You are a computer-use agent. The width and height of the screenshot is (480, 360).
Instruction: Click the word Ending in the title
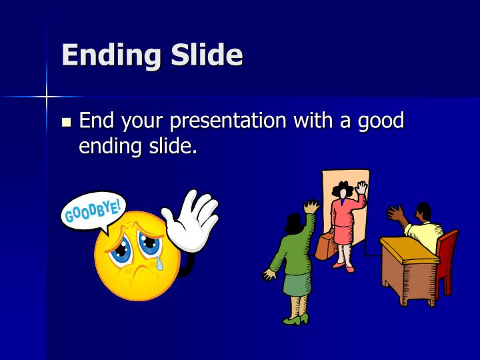point(111,55)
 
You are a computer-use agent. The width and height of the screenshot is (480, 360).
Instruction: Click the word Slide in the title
point(206,55)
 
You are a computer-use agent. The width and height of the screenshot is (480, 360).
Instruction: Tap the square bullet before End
point(66,122)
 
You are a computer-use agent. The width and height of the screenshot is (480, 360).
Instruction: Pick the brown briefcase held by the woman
point(326,246)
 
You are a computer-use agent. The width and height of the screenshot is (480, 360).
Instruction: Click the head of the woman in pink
point(344,191)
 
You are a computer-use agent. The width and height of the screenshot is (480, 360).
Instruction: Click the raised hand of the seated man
point(395,214)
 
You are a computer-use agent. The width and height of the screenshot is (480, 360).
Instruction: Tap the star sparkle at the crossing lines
point(46,97)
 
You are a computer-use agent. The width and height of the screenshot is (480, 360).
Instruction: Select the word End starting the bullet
point(99,121)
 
